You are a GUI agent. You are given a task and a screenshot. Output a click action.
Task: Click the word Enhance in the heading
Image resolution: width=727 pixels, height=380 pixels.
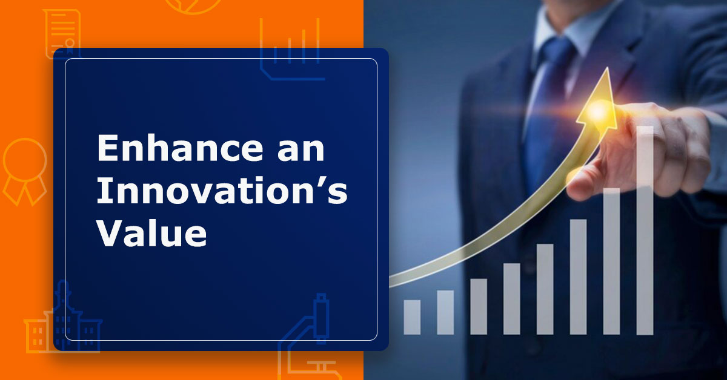[180, 148]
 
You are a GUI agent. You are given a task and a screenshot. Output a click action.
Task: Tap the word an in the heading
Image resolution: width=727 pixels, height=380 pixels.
[301, 150]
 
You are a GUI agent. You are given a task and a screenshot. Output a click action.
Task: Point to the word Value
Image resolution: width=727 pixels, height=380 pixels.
[151, 232]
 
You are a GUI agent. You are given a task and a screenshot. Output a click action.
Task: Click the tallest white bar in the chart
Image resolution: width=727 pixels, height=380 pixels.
[645, 230]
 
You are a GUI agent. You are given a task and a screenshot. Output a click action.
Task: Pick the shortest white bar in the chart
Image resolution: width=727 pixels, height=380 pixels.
[412, 317]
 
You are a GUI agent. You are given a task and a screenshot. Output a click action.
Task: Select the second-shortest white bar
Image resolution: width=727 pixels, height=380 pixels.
[445, 313]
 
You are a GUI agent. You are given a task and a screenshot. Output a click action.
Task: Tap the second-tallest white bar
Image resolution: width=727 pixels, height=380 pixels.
[611, 261]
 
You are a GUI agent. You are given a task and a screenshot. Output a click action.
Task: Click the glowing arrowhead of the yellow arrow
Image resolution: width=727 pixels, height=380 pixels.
[597, 103]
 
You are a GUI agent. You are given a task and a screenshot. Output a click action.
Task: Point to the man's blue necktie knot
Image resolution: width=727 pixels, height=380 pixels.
[557, 52]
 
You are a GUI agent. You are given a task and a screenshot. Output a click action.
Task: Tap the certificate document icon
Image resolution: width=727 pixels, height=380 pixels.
[62, 33]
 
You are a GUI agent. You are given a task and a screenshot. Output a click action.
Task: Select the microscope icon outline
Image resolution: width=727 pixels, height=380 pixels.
[308, 337]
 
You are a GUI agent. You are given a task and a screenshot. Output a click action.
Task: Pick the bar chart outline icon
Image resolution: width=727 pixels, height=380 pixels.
[290, 48]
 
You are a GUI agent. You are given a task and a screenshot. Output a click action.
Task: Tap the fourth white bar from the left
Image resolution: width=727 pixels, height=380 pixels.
[512, 299]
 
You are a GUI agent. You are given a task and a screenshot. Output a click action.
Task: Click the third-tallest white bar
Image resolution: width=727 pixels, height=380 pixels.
[579, 277]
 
